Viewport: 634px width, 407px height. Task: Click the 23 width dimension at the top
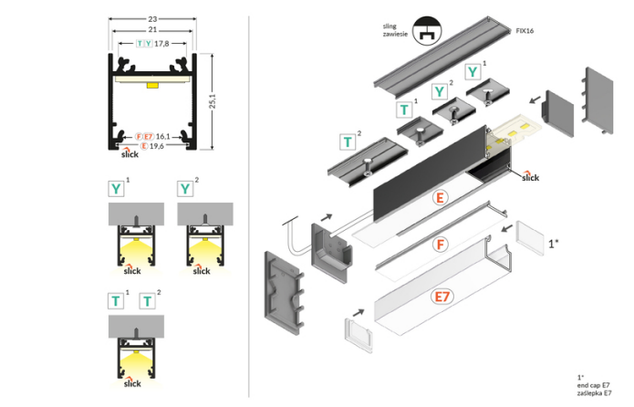[x=153, y=16]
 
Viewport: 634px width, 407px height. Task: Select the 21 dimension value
[x=153, y=30]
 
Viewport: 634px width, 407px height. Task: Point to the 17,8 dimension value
[x=161, y=43]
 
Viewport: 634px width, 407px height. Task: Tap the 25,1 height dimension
[x=213, y=100]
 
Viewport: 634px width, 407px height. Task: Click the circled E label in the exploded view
[x=442, y=198]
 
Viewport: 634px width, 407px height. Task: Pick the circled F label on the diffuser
[x=442, y=245]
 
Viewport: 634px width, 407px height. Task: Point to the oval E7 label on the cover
[x=442, y=297]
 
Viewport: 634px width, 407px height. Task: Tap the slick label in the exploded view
[x=529, y=178]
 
